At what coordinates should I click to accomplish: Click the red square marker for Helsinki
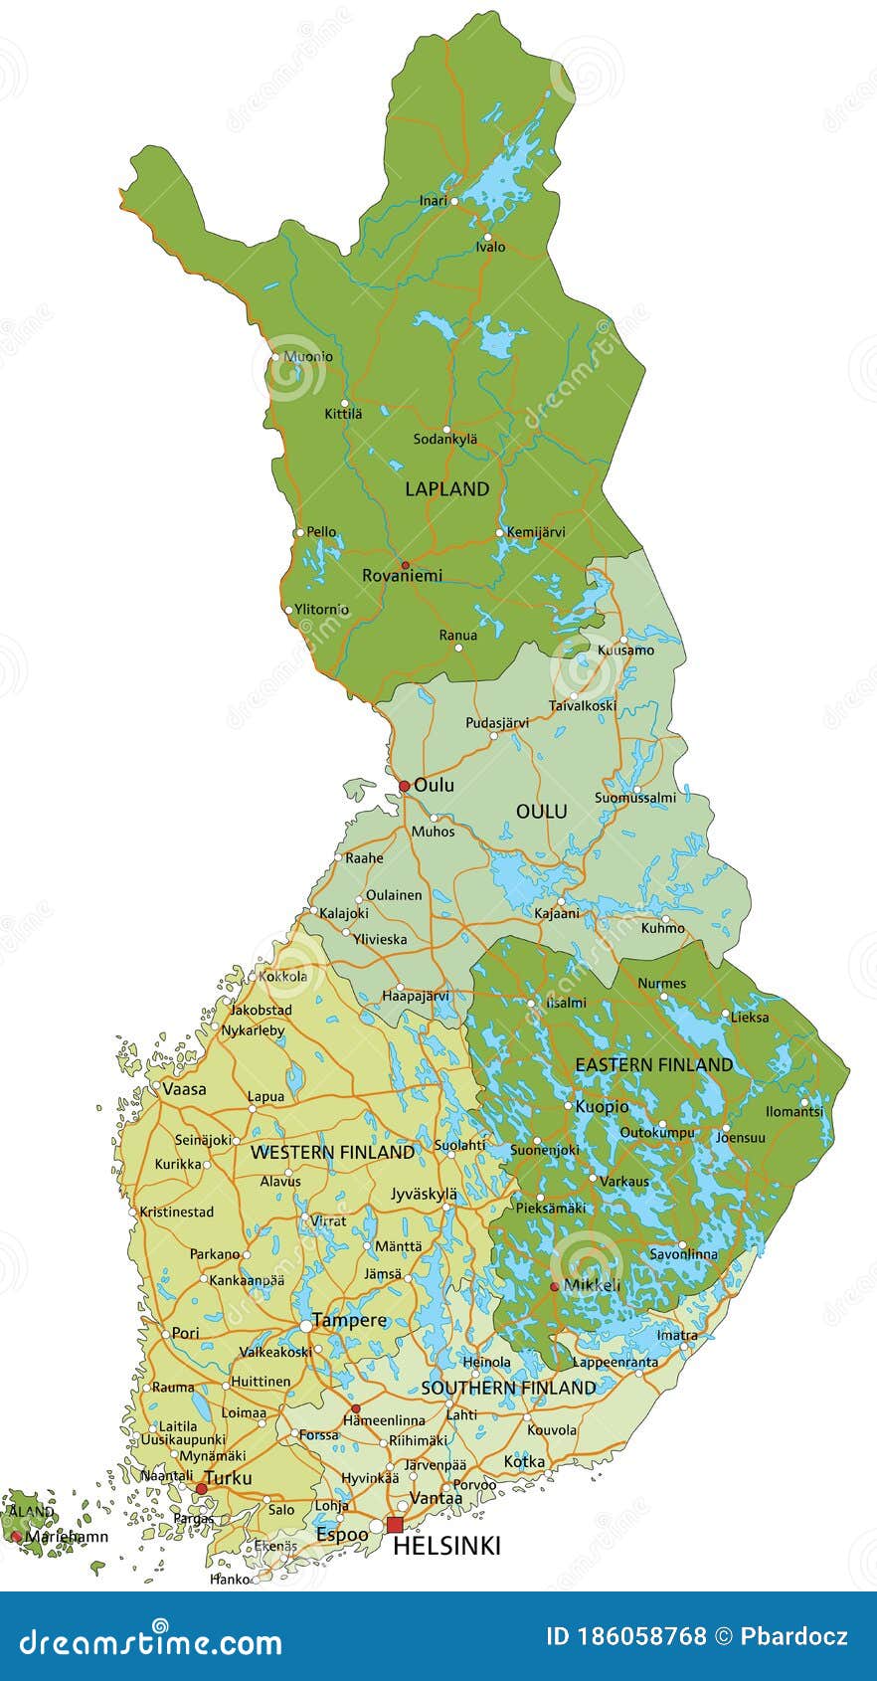click(x=395, y=1525)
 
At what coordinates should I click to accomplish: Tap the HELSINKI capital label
click(x=446, y=1546)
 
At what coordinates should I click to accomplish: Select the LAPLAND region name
click(x=447, y=488)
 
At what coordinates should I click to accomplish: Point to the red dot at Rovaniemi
click(x=405, y=565)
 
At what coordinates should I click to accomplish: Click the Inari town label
click(x=433, y=201)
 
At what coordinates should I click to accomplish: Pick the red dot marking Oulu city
click(x=404, y=786)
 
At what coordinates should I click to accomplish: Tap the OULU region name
click(x=542, y=812)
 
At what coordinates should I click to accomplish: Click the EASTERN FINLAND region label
click(x=654, y=1064)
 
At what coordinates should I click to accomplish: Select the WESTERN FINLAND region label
click(x=332, y=1152)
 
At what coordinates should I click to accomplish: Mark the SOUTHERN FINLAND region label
click(x=508, y=1387)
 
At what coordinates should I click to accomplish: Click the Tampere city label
click(x=349, y=1320)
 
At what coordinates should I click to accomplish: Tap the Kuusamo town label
click(x=625, y=651)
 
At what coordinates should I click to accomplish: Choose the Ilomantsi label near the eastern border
click(x=794, y=1111)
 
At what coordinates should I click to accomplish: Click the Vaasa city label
click(x=184, y=1089)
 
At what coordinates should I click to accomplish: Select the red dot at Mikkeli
click(x=555, y=1286)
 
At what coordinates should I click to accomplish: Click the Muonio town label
click(x=308, y=356)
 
